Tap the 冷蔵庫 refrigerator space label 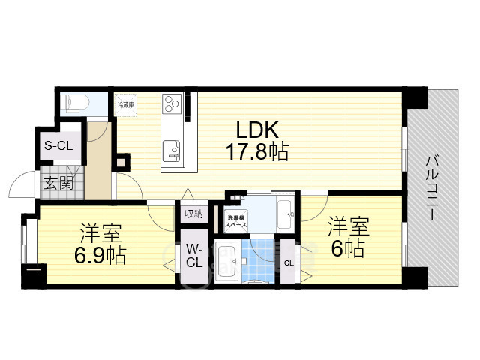[124, 106]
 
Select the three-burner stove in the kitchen [170, 103]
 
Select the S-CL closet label [58, 145]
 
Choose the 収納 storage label [193, 214]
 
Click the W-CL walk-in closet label [193, 256]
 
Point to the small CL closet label [289, 262]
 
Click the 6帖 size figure [347, 248]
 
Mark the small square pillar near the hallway [122, 160]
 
